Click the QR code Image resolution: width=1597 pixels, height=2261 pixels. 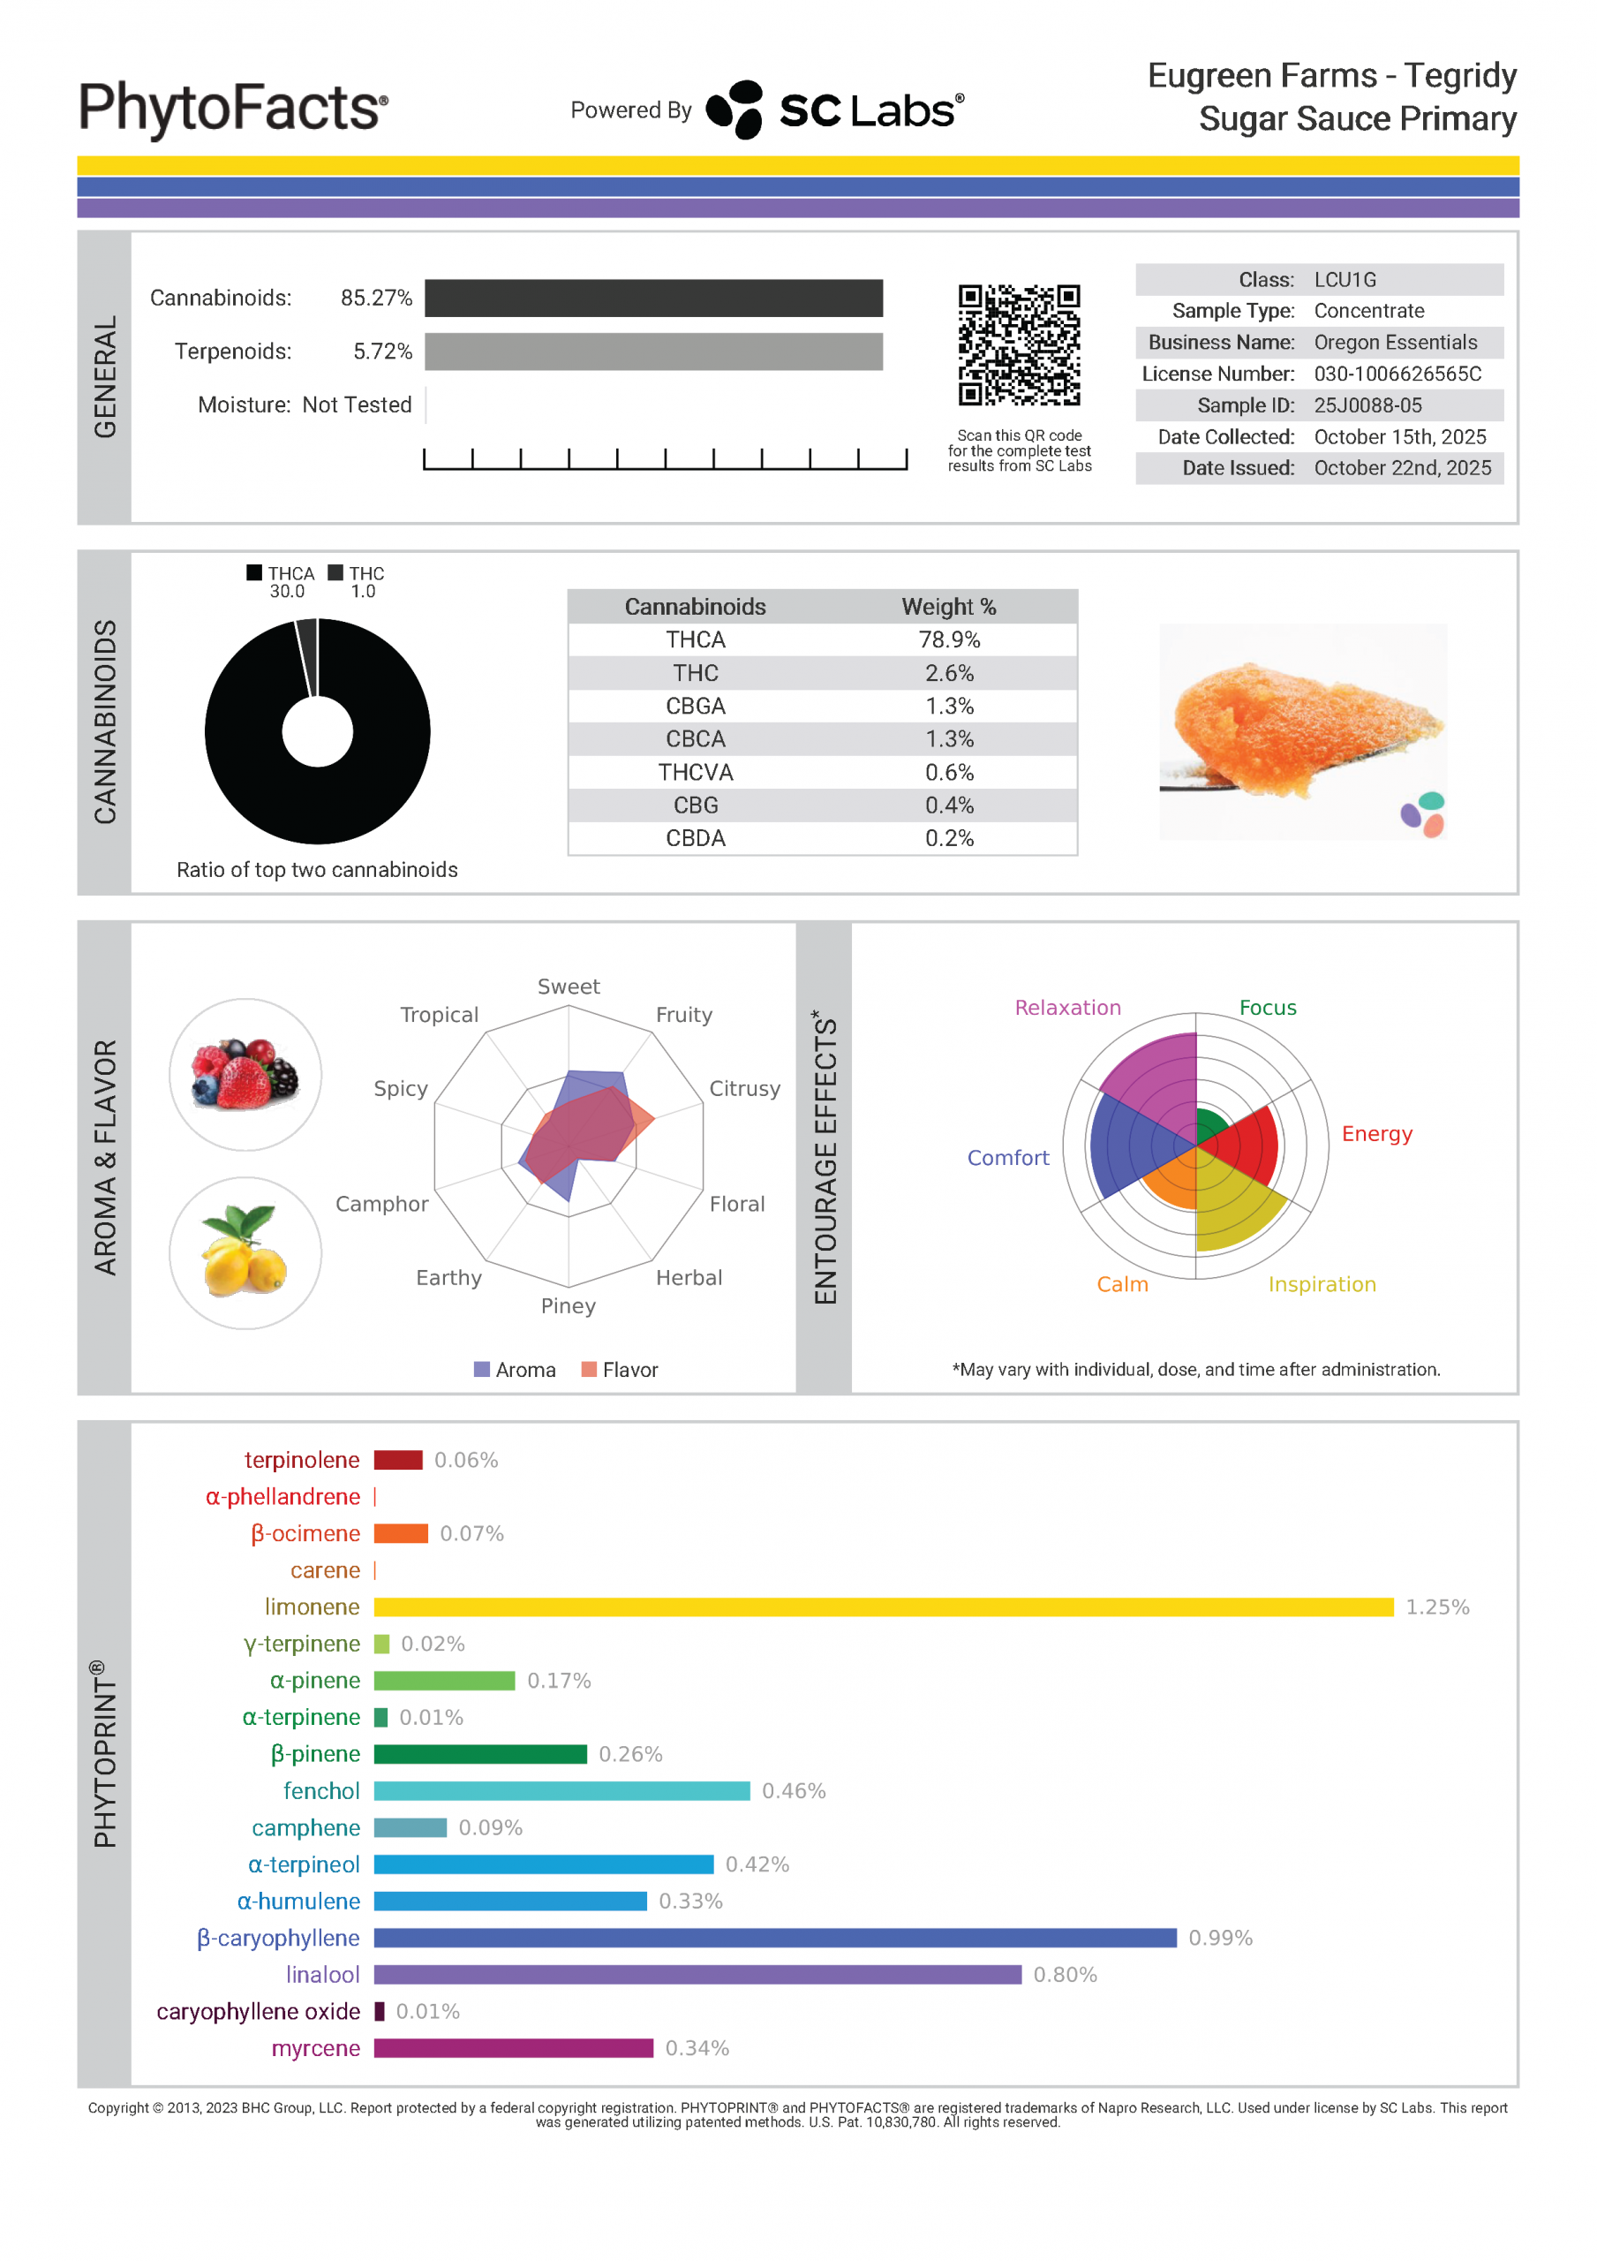coord(1019,344)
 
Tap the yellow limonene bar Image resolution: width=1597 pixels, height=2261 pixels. coord(883,1607)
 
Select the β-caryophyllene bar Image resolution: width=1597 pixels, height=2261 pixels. coord(775,1938)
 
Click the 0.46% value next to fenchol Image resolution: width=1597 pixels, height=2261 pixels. coord(794,1791)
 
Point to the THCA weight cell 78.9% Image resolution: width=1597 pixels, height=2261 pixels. coord(949,640)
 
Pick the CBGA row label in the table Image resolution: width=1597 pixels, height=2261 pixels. coord(695,706)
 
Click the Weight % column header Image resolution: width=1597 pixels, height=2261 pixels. coord(949,607)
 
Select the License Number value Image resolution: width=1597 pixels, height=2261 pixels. coord(1397,374)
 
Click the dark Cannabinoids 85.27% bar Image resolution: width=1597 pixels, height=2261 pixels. coord(654,299)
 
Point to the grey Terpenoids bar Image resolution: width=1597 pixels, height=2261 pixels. coord(654,352)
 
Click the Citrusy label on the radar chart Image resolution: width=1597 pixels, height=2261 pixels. coord(744,1088)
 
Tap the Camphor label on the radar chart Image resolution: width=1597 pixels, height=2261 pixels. coord(382,1204)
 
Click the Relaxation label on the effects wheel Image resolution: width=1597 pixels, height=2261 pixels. coord(1067,1008)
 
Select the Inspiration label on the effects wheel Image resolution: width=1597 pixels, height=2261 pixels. coord(1322,1284)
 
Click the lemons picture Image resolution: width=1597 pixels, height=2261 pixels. coord(245,1252)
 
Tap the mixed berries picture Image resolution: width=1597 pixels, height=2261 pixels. coord(245,1074)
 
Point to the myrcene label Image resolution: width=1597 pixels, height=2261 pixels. coord(315,2048)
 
